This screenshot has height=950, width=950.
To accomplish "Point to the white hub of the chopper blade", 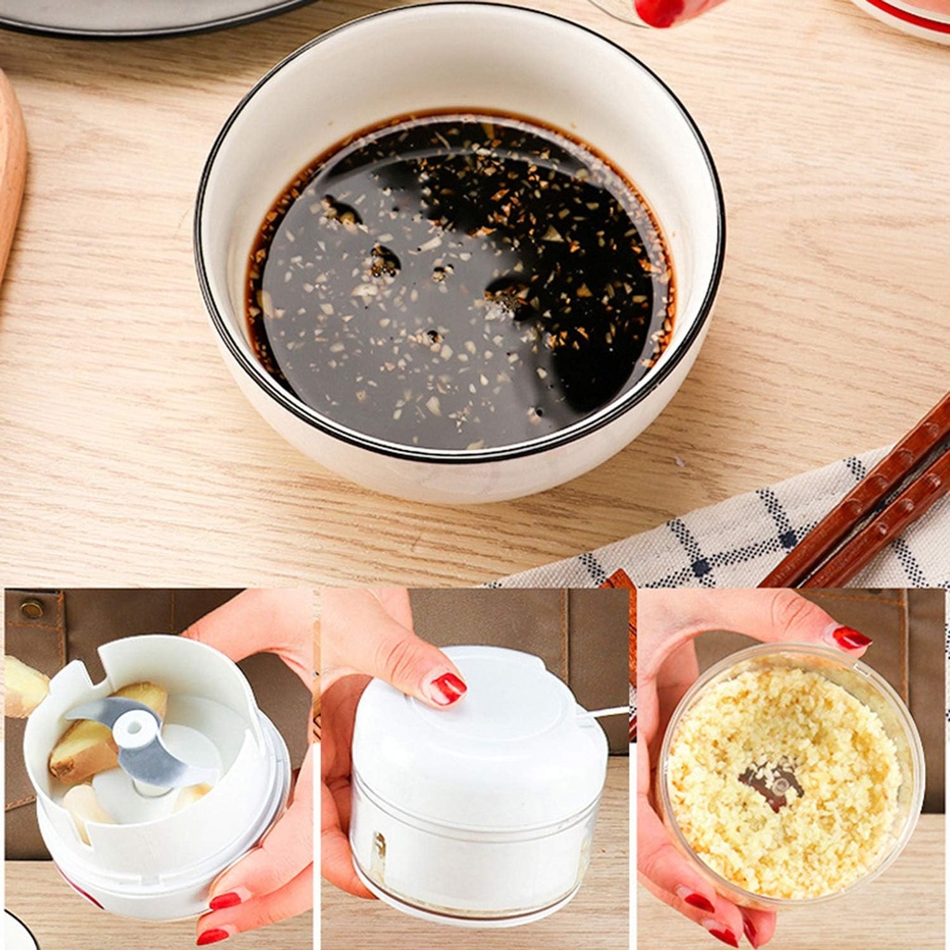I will [x=135, y=728].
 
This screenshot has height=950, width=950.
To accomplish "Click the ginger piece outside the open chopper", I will [x=23, y=687].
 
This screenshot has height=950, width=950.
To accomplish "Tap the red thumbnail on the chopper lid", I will [x=446, y=688].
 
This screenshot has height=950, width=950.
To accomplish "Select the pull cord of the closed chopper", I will [x=603, y=712].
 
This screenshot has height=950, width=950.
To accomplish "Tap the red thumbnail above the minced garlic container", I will [x=850, y=637].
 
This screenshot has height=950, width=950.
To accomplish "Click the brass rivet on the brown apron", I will [x=32, y=610].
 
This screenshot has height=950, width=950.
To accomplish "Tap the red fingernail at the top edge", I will [x=661, y=11].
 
